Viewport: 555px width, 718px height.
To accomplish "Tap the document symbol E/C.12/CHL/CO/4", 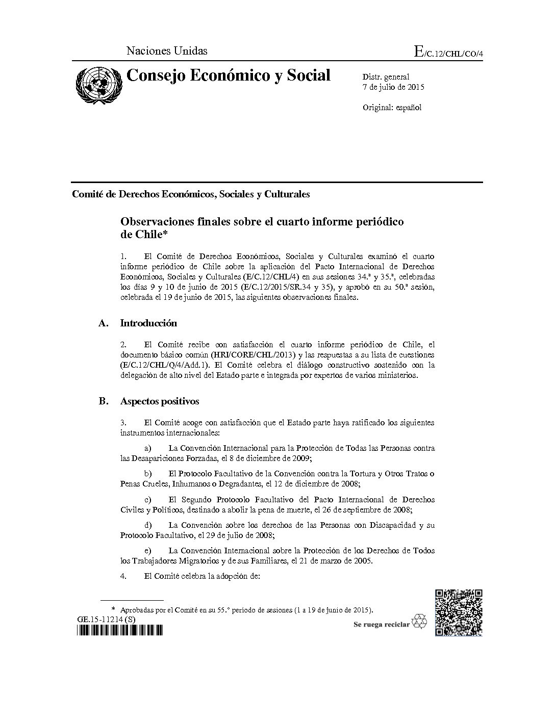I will coord(448,52).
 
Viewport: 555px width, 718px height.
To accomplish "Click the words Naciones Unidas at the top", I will coord(167,50).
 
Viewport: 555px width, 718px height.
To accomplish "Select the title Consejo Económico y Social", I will coord(228,75).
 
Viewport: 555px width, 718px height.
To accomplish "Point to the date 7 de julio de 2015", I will coord(393,87).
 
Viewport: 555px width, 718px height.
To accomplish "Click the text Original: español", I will coord(392,108).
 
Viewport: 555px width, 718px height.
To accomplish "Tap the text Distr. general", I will coord(386,76).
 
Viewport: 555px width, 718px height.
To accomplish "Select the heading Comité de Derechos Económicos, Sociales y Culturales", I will coord(191,194).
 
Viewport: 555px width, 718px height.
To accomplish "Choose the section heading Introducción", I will coord(148,323).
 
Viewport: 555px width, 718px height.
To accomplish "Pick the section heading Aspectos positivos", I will coord(159,401).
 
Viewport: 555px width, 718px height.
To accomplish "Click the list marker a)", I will coord(148,448).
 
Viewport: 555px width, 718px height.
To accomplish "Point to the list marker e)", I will coord(148,551).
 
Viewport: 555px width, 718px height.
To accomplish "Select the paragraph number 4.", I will coord(123,576).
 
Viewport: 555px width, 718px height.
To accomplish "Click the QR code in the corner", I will coord(459,612).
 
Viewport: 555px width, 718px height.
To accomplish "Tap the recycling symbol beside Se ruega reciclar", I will coord(419,622).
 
